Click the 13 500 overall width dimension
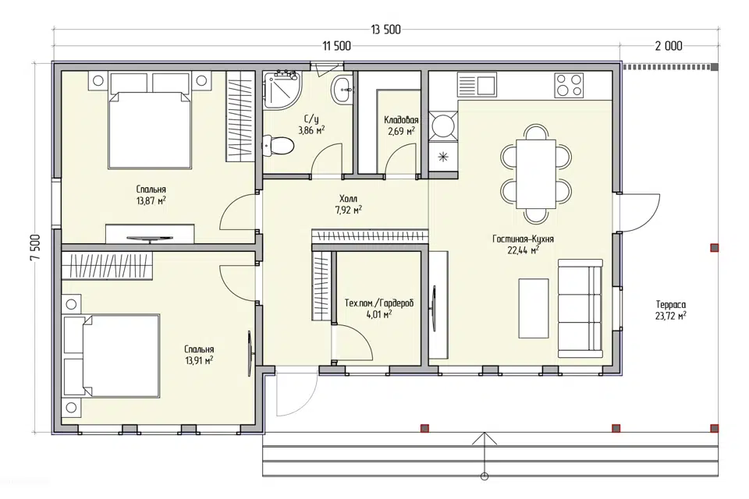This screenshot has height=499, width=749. [x=385, y=30]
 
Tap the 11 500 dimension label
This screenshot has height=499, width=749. [x=336, y=46]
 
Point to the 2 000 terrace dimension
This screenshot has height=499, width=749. [x=669, y=46]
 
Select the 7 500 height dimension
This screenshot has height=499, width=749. [x=35, y=248]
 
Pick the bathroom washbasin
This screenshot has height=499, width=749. [x=343, y=89]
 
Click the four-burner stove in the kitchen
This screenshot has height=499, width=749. [x=569, y=86]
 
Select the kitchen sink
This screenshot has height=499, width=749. [x=477, y=84]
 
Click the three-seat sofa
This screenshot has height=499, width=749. [x=580, y=309]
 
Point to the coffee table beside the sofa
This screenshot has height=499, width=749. [x=534, y=309]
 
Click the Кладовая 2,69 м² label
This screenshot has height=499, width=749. [x=401, y=126]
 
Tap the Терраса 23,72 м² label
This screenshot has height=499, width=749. [x=671, y=310]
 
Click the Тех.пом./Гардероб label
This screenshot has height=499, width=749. [x=379, y=303]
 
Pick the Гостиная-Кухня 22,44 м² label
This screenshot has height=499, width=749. [x=523, y=244]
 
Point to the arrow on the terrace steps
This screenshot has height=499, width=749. [x=485, y=454]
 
